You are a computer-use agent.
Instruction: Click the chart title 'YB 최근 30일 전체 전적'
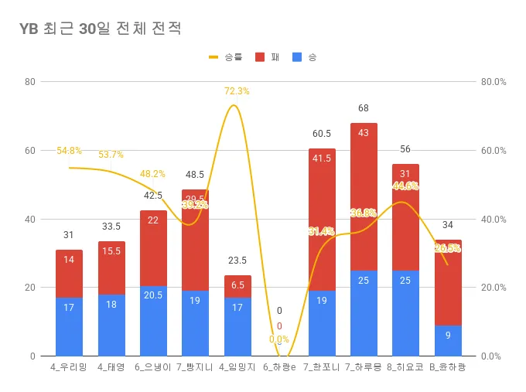click(x=101, y=29)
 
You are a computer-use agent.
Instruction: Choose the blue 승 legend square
click(x=297, y=57)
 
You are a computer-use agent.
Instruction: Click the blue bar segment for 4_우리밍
click(x=69, y=326)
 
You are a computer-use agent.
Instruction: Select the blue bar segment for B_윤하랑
click(x=448, y=340)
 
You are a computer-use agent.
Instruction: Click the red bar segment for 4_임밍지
click(x=237, y=286)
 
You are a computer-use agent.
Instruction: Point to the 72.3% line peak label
click(x=237, y=91)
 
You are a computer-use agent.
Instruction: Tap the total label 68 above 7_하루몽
click(x=364, y=108)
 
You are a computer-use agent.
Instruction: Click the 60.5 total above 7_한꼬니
click(x=321, y=134)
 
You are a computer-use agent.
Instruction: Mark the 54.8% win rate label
click(x=69, y=151)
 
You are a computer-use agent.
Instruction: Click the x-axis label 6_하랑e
click(x=279, y=367)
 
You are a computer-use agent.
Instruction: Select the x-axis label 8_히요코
click(x=405, y=367)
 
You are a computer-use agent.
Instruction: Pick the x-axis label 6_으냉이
click(x=153, y=367)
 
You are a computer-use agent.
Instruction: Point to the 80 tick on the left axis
click(x=30, y=81)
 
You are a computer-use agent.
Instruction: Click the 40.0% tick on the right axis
click(x=493, y=219)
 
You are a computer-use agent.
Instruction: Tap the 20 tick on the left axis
click(x=30, y=288)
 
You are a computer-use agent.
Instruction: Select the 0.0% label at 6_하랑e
click(x=279, y=339)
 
